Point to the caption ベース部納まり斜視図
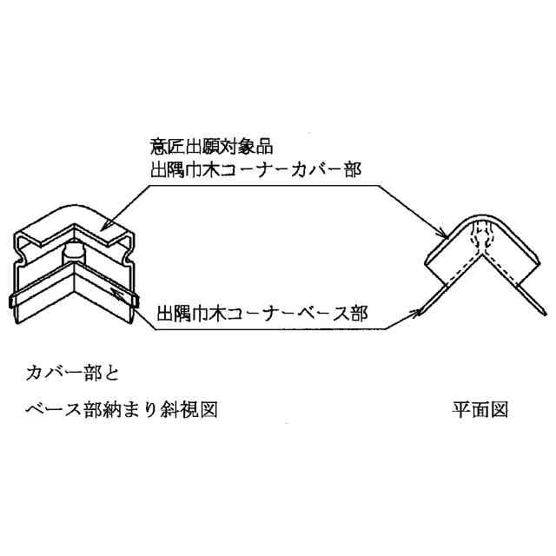click(119, 407)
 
